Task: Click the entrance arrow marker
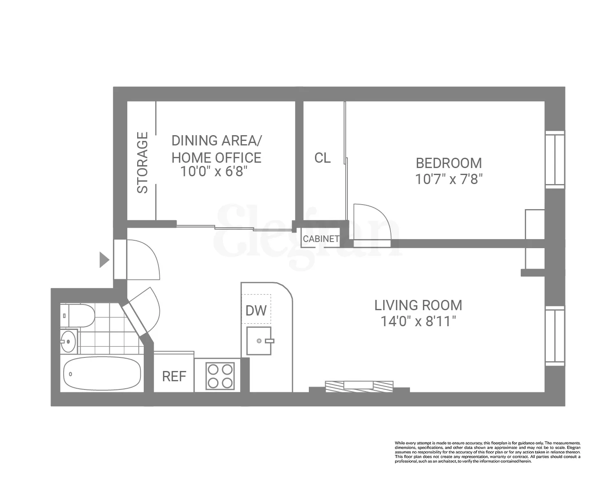(x=104, y=260)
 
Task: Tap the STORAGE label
(x=142, y=163)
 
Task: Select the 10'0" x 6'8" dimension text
(x=215, y=172)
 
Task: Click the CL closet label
(x=322, y=158)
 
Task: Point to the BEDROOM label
(x=449, y=163)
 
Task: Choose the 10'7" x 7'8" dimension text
(x=449, y=180)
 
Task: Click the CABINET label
(x=321, y=239)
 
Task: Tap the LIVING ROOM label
(x=418, y=305)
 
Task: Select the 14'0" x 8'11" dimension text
(x=418, y=321)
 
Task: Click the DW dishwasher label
(x=256, y=311)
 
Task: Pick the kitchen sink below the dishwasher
(x=259, y=341)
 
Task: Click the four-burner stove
(x=220, y=376)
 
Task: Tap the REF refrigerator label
(x=174, y=376)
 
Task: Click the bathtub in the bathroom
(x=102, y=374)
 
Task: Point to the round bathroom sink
(x=68, y=341)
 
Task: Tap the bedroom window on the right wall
(x=555, y=159)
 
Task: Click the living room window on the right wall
(x=555, y=336)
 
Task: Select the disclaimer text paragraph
(x=487, y=452)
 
